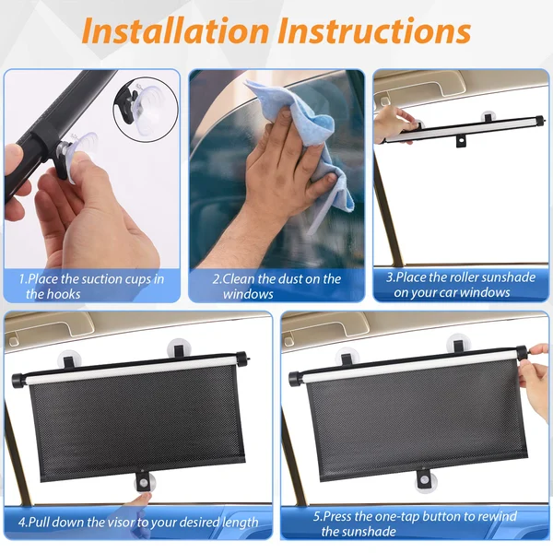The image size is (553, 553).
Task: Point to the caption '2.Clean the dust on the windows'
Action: pyautogui.click(x=276, y=286)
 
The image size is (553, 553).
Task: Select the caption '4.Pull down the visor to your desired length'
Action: pyautogui.click(x=137, y=523)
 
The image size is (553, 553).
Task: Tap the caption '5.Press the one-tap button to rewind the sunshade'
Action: pyautogui.click(x=415, y=524)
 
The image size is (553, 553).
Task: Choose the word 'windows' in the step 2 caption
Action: pyautogui.click(x=248, y=294)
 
